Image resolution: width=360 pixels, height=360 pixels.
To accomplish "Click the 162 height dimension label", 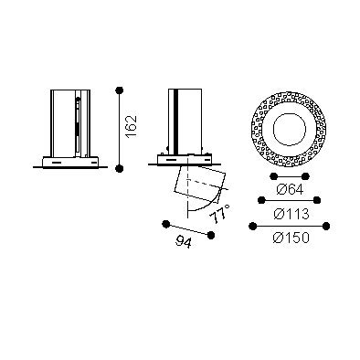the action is pos(132,127).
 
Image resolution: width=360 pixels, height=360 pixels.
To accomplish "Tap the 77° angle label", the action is pos(220,214).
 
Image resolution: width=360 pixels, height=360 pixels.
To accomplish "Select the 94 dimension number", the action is pos(184,242).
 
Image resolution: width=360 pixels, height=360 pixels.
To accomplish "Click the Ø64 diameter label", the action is pos(290,190).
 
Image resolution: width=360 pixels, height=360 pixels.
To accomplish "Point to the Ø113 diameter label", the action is pos(291,214).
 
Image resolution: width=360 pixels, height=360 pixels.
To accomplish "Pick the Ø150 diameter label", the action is pos(291,238).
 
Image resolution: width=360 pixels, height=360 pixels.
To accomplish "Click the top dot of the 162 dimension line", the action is pos(120,90).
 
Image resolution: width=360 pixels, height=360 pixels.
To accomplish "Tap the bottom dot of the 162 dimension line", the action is pos(120,168).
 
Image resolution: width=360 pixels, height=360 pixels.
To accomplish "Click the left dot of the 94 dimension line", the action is pos(166,225).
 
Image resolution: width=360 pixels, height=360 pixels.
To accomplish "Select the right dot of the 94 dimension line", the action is pos(211,235).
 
